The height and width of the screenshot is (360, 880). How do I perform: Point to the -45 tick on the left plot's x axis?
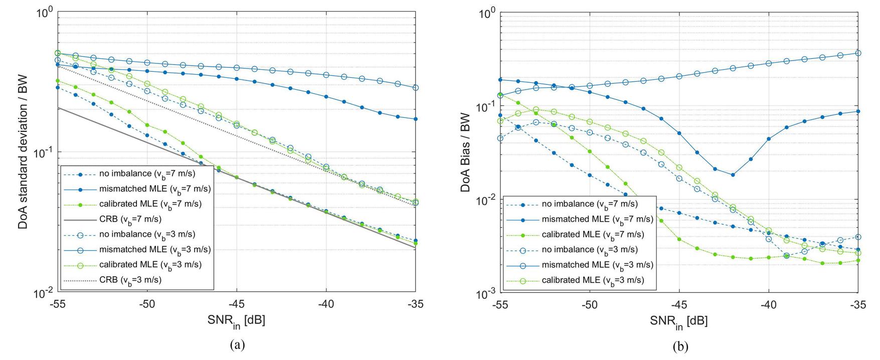(x=236, y=304)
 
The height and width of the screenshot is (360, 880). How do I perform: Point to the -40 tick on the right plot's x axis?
(x=769, y=304)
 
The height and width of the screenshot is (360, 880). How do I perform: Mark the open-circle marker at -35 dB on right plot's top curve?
(x=858, y=53)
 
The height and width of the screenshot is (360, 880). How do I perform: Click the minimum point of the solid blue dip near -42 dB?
(x=733, y=175)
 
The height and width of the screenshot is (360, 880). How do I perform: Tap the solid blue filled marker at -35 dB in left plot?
(x=416, y=119)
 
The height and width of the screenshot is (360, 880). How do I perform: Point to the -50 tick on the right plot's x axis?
(x=589, y=304)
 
